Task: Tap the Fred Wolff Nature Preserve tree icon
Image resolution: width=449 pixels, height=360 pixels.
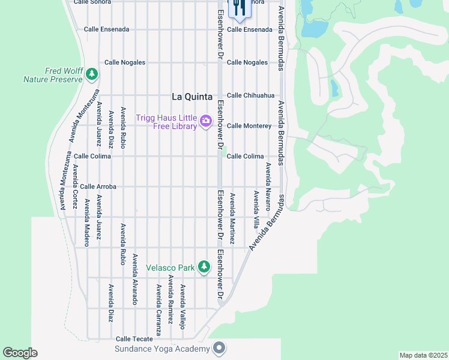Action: [x=91, y=74]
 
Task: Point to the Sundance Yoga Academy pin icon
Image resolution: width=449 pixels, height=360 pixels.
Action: [x=219, y=348]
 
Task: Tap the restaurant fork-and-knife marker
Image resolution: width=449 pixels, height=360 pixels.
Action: [x=238, y=8]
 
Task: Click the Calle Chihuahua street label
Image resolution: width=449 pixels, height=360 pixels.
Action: [x=250, y=95]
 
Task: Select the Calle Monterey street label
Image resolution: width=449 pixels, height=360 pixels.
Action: [x=249, y=126]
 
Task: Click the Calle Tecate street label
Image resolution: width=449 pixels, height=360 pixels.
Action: [x=134, y=339]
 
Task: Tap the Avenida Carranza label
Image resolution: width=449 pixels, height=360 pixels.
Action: [x=159, y=310]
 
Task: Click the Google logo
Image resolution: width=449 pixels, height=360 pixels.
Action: [x=20, y=353]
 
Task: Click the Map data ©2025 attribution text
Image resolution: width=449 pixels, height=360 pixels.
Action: [x=423, y=355]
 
